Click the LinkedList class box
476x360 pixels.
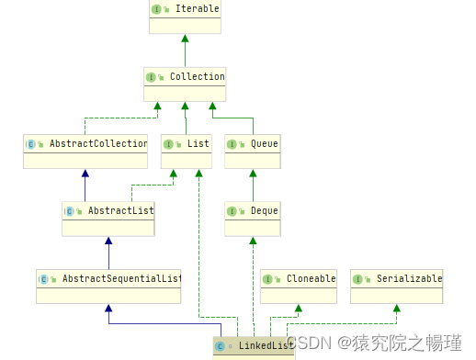click(x=254, y=345)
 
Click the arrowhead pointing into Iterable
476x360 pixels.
click(x=185, y=39)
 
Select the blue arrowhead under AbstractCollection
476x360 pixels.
click(x=85, y=174)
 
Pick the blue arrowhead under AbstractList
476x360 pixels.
click(x=108, y=241)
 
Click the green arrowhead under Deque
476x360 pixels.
click(x=252, y=241)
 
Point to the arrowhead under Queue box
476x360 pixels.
click(x=252, y=174)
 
